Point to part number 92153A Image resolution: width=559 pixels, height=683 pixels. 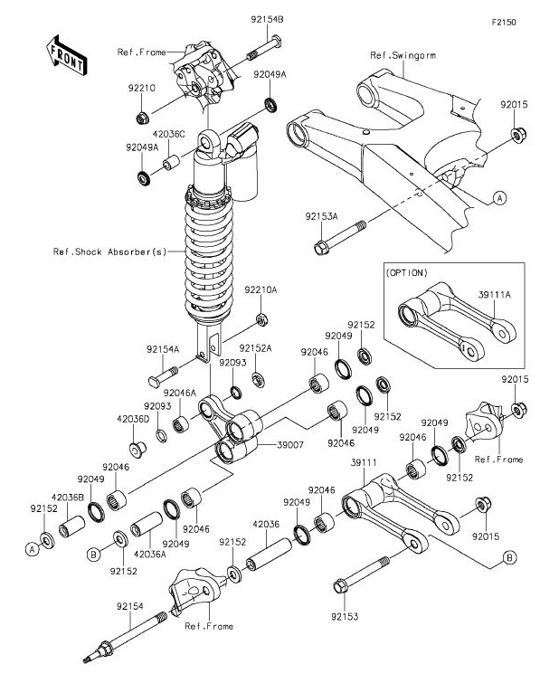[320, 216]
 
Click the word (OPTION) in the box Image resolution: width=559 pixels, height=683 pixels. [407, 272]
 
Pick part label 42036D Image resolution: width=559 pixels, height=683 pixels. [133, 419]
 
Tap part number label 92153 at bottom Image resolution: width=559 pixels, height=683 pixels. [345, 616]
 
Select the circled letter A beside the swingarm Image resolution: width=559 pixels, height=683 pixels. [499, 196]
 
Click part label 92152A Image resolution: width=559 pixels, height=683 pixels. [255, 347]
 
